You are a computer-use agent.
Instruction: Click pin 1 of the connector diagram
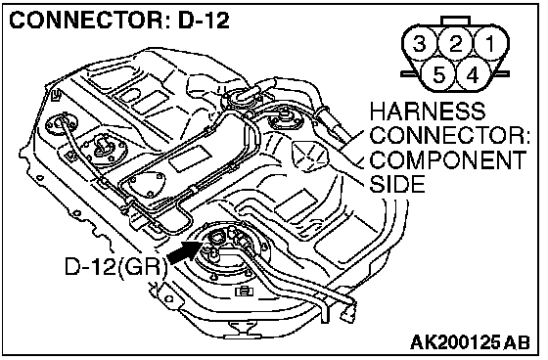490,44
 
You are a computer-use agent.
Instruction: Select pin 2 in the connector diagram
455,44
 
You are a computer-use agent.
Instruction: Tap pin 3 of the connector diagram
420,44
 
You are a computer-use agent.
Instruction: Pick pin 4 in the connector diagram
473,74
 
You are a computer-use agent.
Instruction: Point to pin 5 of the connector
438,74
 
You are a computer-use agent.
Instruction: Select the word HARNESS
428,111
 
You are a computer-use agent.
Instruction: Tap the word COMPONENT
448,159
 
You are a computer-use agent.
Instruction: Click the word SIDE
397,184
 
